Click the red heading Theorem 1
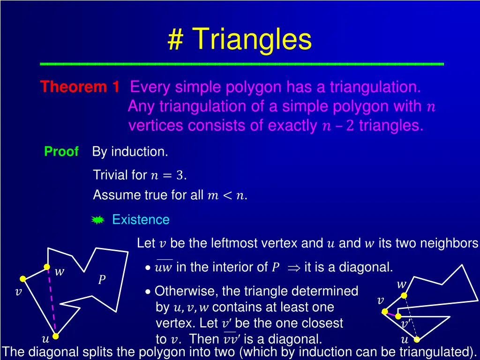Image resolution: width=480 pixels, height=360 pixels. click(79, 87)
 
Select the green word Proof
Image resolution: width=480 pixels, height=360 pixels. click(61, 152)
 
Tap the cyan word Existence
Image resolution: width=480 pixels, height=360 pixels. click(141, 219)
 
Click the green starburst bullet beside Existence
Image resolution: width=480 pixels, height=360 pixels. click(97, 220)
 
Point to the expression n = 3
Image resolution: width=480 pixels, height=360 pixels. click(167, 176)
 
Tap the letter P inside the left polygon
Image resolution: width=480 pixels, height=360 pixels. click(101, 280)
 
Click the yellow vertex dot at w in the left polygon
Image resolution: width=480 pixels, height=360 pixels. click(47, 267)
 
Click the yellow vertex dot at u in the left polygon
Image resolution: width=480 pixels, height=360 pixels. click(55, 336)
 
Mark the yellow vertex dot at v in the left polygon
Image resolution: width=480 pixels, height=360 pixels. click(22, 279)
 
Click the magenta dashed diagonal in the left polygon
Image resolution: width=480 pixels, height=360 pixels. click(52, 302)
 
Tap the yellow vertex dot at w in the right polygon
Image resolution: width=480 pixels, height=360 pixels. click(404, 295)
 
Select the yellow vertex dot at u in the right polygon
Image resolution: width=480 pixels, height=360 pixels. click(417, 339)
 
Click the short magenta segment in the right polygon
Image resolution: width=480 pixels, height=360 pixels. click(390, 312)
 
